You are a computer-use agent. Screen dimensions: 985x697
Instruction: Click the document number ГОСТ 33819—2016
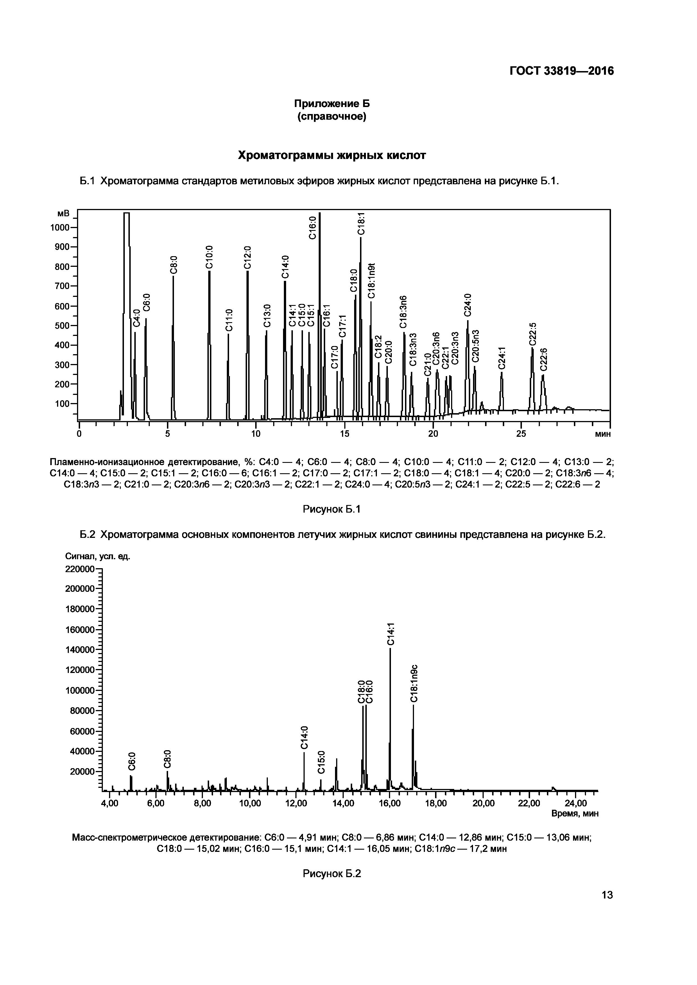coord(561,71)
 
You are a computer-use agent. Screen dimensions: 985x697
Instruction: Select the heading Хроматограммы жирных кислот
coord(332,155)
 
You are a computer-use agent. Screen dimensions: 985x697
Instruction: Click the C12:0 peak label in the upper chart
coord(247,257)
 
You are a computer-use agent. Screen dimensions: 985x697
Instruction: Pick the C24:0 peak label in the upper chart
coord(468,304)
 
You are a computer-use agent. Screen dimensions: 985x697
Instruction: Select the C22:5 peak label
coord(533,334)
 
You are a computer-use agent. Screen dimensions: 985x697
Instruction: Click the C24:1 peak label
coord(502,357)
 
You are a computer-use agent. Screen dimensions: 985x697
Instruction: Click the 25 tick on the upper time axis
coord(521,434)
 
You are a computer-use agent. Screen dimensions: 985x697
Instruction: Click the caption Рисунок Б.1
coord(332,509)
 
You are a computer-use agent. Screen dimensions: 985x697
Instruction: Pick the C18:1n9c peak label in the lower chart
coord(413,683)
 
